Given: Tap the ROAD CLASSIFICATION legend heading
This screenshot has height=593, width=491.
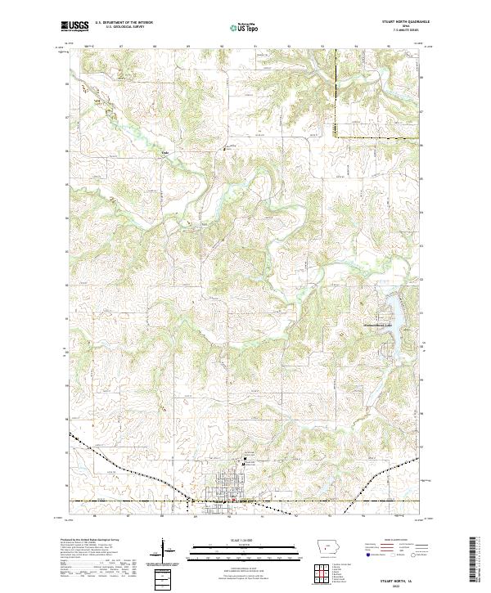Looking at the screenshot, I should click(393, 541).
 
